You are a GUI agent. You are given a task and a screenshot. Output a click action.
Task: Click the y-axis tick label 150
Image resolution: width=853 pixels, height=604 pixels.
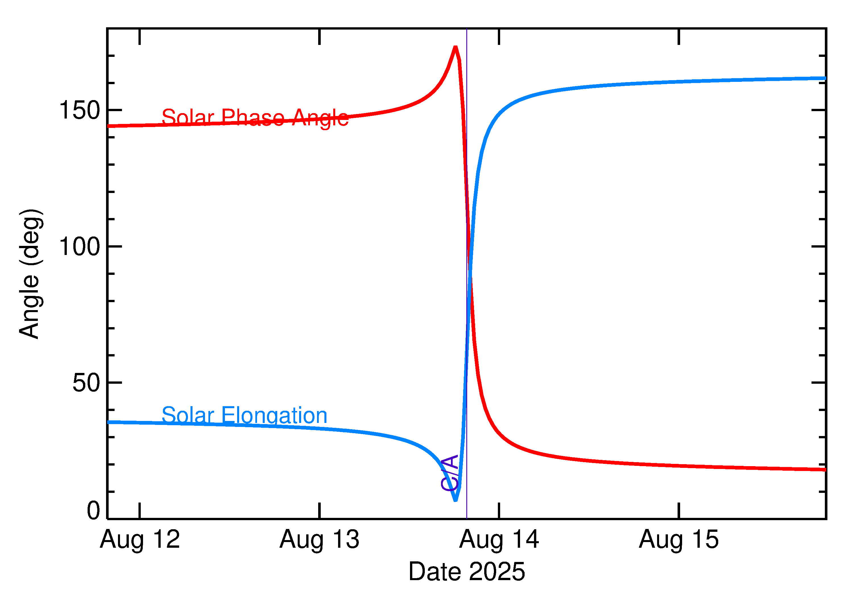coord(80,111)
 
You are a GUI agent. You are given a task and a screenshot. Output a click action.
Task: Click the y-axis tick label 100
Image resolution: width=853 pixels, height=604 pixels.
coord(80,247)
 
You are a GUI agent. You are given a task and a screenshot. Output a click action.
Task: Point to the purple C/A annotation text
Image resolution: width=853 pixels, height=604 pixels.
coord(449,473)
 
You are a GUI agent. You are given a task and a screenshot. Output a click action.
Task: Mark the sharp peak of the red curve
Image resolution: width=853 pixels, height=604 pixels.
coord(455,47)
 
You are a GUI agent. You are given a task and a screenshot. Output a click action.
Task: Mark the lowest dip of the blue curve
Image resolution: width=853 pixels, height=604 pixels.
coord(455,501)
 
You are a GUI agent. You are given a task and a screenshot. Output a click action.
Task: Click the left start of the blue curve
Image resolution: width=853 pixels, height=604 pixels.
coord(109,422)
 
